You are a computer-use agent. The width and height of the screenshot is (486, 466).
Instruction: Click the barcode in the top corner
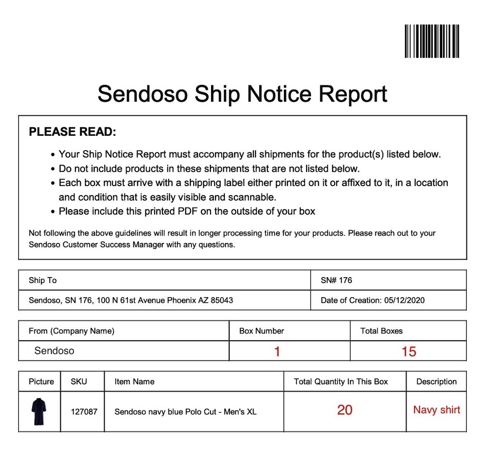(432, 41)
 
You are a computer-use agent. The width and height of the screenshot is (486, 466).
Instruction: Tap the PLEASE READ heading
(72, 132)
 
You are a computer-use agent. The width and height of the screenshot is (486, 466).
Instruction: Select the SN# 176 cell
(336, 280)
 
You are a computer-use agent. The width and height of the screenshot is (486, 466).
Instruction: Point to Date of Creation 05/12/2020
(373, 300)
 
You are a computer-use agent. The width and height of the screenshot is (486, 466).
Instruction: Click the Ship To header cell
(42, 280)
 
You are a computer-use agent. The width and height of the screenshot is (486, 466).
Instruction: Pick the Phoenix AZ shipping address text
(131, 300)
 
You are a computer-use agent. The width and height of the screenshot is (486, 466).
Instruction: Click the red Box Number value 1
(277, 352)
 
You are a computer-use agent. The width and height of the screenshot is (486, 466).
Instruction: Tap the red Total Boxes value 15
(409, 352)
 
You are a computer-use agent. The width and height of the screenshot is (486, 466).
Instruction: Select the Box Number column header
(261, 331)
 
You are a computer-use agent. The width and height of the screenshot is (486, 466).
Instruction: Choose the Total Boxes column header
(381, 331)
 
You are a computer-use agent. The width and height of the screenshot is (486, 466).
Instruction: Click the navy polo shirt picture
(39, 411)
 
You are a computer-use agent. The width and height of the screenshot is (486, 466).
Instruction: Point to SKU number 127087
(84, 412)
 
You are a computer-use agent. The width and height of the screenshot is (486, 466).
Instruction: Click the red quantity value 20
(345, 410)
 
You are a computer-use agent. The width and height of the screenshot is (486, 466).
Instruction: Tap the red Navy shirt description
(437, 410)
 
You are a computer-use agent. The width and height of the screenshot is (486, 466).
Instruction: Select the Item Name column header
(134, 382)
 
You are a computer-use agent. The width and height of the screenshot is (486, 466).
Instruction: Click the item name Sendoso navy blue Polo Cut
(185, 412)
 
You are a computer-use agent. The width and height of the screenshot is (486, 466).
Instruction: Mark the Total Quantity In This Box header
(341, 382)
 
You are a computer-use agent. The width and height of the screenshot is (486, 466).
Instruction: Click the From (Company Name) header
(71, 331)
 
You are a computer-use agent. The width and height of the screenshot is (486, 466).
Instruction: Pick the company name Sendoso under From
(54, 351)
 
